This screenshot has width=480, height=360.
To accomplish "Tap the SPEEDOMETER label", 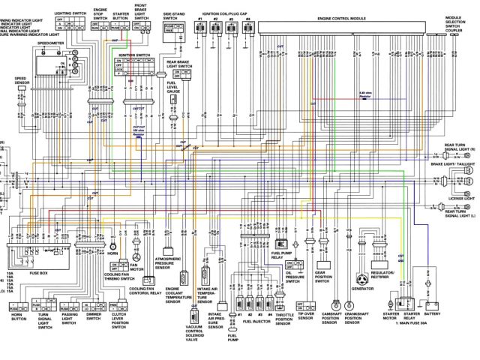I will (51, 43).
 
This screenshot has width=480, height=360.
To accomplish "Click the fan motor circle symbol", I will (136, 244).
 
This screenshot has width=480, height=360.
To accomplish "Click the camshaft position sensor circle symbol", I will (331, 304).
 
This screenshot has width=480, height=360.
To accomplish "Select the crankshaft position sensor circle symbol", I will (352, 304).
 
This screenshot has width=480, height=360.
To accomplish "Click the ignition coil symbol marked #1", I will (202, 28).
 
